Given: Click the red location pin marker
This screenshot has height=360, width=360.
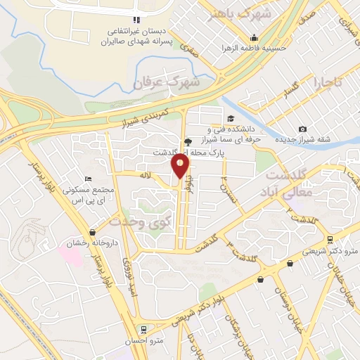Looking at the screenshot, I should [181, 167].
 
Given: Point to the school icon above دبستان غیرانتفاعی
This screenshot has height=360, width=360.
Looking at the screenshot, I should [136, 20].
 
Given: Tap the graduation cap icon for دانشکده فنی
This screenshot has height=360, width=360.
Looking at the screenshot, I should [231, 118].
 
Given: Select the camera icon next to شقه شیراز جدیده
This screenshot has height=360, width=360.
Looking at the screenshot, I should [302, 129].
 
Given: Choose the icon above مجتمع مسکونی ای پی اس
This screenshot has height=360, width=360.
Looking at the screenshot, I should [88, 180].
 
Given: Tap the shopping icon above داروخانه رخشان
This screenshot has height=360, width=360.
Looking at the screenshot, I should [92, 232].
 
